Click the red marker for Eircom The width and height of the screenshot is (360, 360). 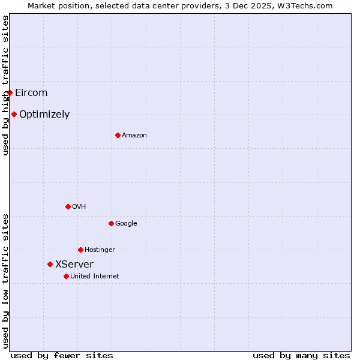coord(10,92)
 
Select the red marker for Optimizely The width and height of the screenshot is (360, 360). coord(14,114)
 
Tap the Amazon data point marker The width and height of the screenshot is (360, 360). coord(118,135)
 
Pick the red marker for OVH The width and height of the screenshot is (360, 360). coord(68,206)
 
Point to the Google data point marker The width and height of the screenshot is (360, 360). coord(111,223)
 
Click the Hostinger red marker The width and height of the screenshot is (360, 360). coord(80,250)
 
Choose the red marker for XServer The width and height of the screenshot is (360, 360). coord(50,264)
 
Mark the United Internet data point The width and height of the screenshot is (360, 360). coord(66,276)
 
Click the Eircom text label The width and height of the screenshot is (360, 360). coord(31,92)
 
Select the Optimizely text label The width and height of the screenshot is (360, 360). coord(44,114)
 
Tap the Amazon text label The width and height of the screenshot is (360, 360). coord(134,136)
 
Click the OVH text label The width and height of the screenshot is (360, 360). coord(79,207)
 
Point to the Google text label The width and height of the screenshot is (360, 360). coord(126,224)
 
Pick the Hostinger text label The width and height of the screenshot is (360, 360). coord(100,250)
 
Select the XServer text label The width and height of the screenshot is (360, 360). coord(74,264)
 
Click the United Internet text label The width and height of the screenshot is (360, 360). coord(95,277)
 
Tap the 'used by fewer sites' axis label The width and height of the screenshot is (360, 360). coord(62,355)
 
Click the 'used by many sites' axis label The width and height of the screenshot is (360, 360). coord(301,355)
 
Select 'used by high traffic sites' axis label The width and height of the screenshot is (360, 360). coord(5,85)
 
